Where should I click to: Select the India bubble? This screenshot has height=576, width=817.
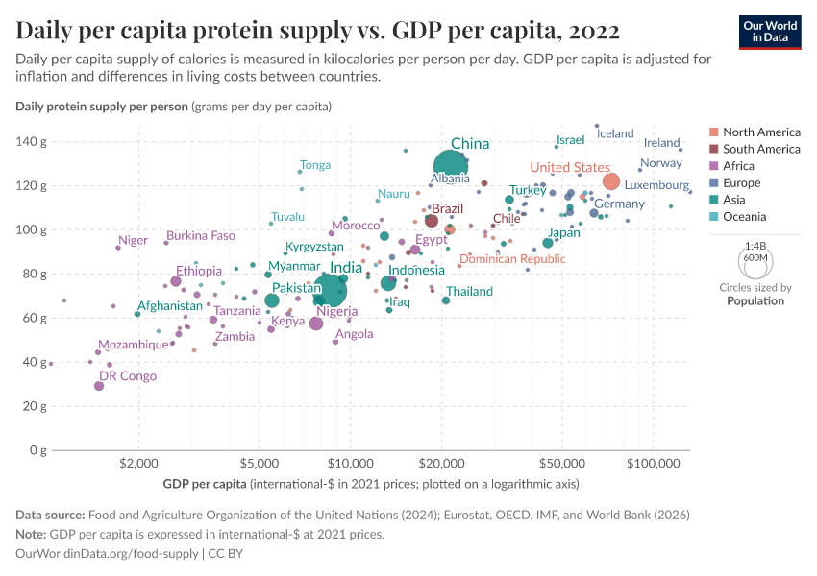[330, 289]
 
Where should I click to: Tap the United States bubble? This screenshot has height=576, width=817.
[610, 181]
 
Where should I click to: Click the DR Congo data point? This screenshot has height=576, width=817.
[99, 386]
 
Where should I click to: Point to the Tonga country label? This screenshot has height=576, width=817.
[315, 165]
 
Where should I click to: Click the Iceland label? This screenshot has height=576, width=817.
[616, 133]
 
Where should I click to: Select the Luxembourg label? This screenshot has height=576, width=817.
[656, 184]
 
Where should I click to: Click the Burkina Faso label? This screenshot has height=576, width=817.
[200, 235]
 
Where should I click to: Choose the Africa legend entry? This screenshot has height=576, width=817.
[739, 166]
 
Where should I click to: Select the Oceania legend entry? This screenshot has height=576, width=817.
[745, 217]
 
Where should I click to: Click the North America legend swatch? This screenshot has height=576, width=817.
[712, 132]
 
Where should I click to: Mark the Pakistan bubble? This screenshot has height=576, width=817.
[272, 300]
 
